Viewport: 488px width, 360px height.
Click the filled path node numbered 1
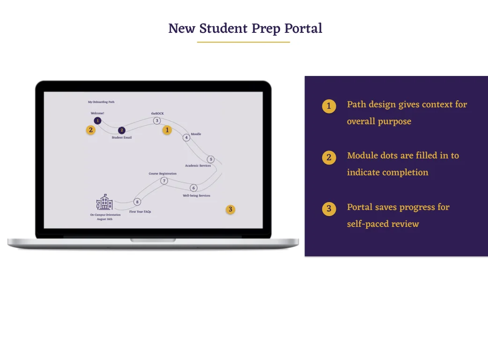[x=97, y=120]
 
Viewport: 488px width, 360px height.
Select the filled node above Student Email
[x=122, y=130]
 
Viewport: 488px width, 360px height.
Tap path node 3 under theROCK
[x=157, y=120]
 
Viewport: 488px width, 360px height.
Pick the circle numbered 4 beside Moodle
[x=186, y=137]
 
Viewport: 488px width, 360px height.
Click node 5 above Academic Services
[x=211, y=159]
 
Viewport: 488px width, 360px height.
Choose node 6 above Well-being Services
[x=193, y=188]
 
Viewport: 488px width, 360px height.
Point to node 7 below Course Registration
[x=164, y=181]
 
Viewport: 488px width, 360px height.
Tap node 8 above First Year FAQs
[x=137, y=202]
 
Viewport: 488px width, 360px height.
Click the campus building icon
[x=104, y=202]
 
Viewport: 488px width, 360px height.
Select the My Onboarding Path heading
[x=101, y=102]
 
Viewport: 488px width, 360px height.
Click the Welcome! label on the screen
[x=97, y=113]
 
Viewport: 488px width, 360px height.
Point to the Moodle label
[x=196, y=134]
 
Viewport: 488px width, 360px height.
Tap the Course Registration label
[x=163, y=174]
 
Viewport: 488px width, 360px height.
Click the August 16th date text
[x=105, y=219]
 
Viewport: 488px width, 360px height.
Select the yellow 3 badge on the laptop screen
[x=230, y=209]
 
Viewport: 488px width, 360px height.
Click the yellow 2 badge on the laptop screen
[x=91, y=130]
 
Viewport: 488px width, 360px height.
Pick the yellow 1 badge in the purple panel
[x=329, y=106]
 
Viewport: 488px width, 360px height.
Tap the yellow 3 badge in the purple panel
[x=329, y=209]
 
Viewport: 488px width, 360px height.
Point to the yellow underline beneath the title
[x=244, y=42]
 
